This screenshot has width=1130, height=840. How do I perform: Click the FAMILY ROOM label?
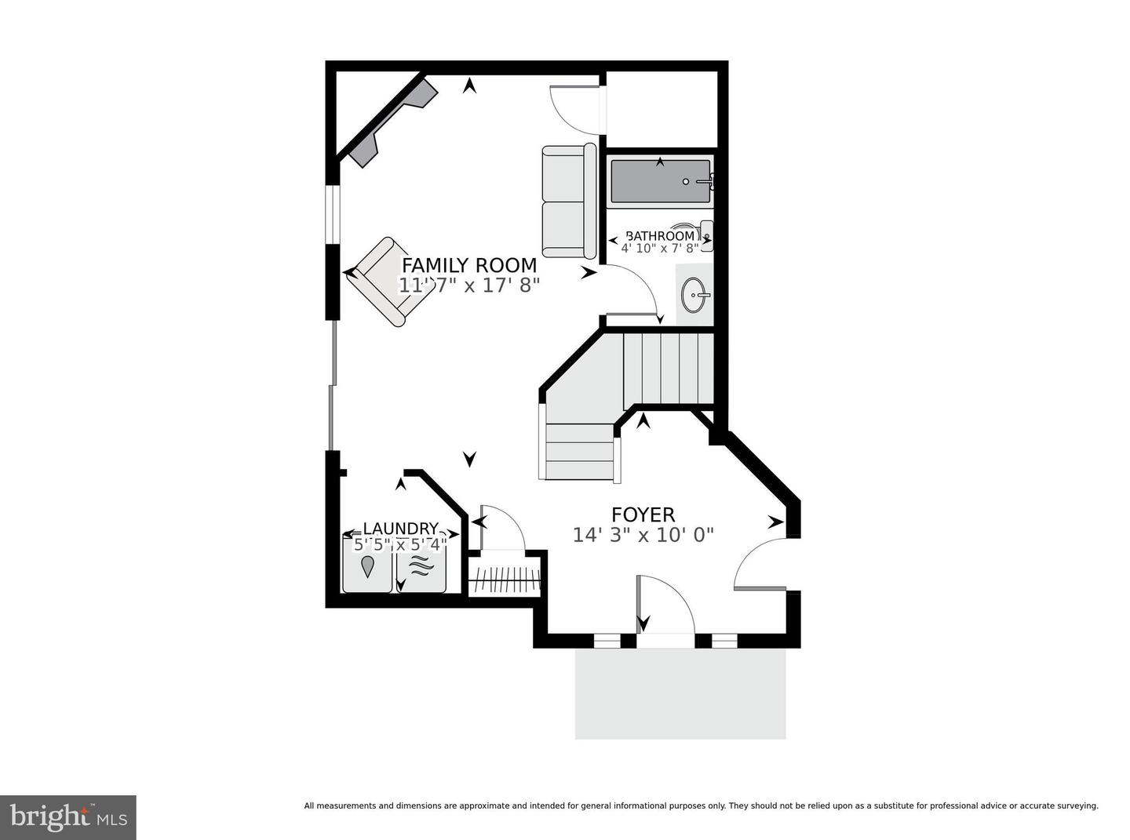click(469, 265)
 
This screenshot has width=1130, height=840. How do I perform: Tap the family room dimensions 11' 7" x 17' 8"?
click(469, 285)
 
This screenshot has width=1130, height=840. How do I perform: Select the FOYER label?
click(643, 515)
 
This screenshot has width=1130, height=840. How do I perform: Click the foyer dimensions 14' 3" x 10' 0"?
click(643, 535)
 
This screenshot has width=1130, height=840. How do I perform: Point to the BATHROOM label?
click(660, 235)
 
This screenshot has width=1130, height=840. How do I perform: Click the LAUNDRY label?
click(400, 529)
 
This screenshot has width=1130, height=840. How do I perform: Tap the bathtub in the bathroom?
click(660, 181)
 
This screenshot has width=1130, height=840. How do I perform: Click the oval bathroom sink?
click(694, 296)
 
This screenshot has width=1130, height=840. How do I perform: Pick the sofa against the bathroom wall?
click(569, 201)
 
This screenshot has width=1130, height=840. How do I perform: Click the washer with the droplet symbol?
click(367, 565)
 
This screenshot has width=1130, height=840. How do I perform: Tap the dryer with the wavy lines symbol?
click(421, 565)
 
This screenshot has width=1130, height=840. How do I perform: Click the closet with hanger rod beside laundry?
click(505, 579)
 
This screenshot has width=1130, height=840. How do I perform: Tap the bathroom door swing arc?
click(636, 290)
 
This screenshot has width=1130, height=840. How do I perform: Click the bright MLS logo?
click(68, 817)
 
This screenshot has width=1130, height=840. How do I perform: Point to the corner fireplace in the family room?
click(388, 122)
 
